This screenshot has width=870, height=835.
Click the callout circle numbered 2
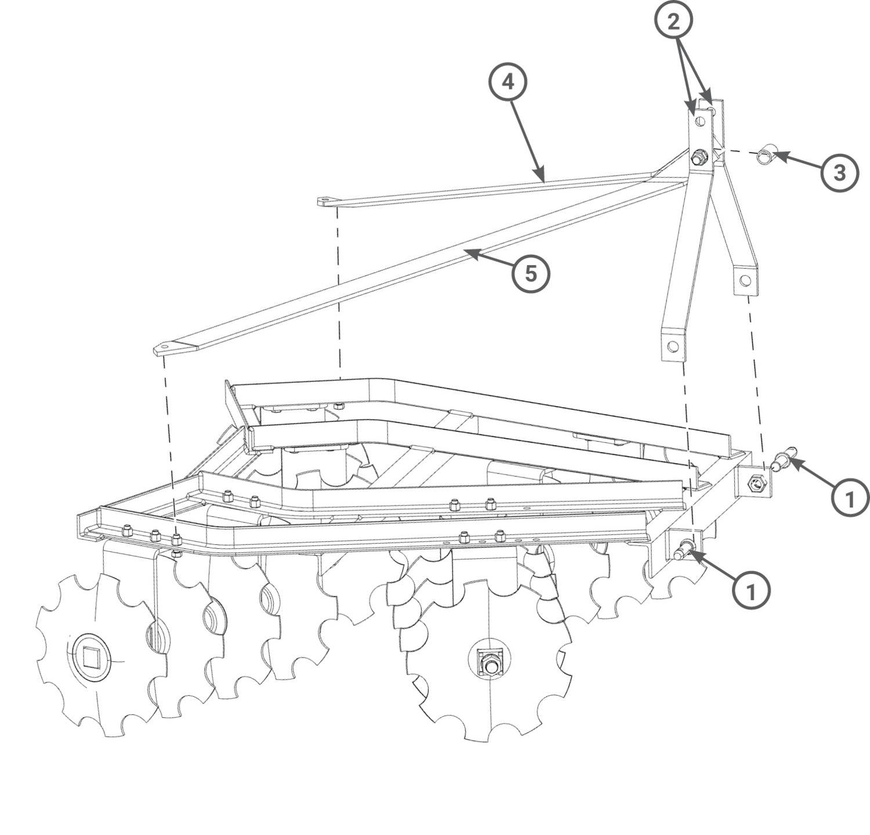tap(673, 21)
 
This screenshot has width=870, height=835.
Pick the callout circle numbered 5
tap(531, 273)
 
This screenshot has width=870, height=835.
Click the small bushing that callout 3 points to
tap(767, 156)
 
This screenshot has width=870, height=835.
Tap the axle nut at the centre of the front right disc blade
tap(489, 662)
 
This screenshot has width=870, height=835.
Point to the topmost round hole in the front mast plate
tap(700, 121)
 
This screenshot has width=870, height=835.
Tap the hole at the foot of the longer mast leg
tap(673, 346)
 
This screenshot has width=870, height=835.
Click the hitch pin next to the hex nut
tap(784, 458)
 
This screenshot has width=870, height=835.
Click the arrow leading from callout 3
tap(798, 162)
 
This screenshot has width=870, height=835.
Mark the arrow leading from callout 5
tap(490, 259)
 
